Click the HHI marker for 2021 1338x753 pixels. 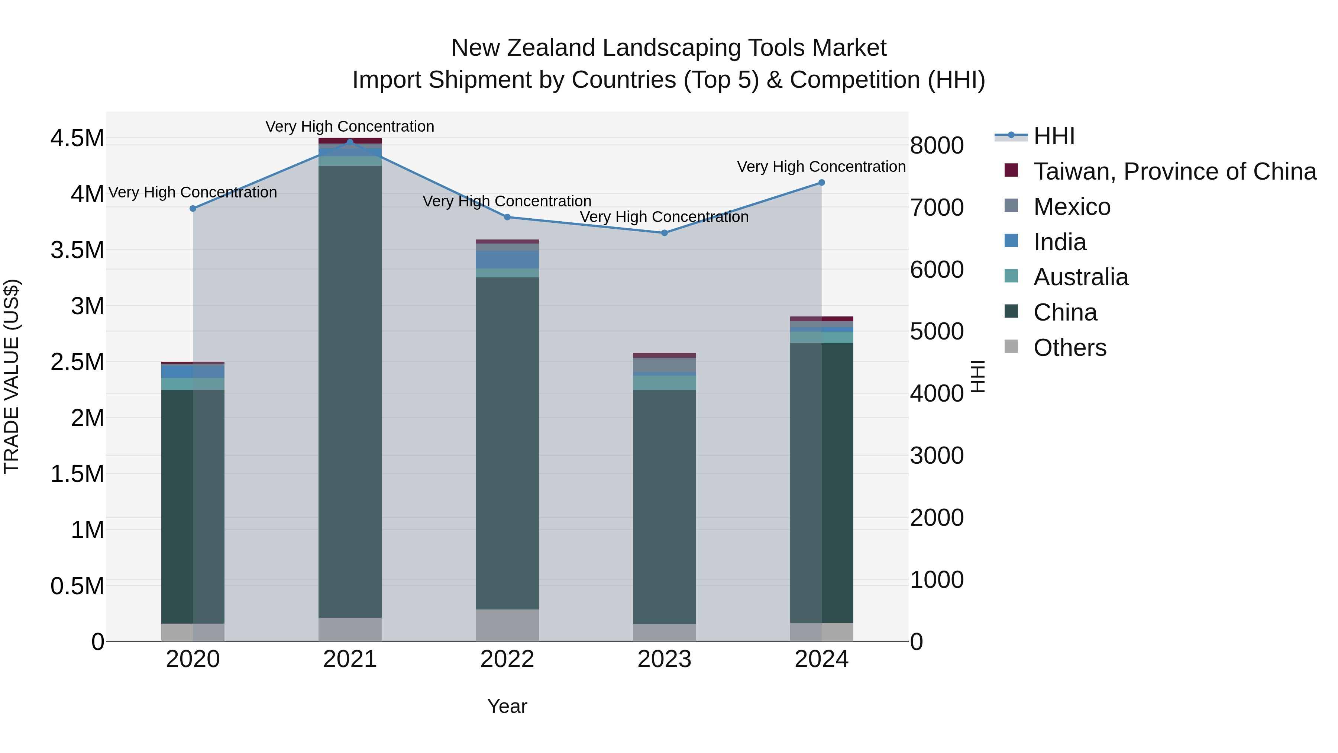pos(350,142)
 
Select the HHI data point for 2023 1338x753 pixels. pos(664,233)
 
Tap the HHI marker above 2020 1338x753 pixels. pos(193,208)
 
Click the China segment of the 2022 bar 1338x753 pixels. pos(507,442)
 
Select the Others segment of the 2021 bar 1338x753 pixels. pos(350,629)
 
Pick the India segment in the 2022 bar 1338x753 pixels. pos(507,259)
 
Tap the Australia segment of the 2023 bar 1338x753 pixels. pos(664,383)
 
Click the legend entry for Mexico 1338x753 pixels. pos(1072,207)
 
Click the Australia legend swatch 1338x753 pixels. pos(1011,276)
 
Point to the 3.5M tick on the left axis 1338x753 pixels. pos(77,250)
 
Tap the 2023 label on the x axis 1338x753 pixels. pos(664,659)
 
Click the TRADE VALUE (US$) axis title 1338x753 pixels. pos(12,376)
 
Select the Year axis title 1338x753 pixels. pos(507,706)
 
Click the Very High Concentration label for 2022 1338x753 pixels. pos(507,201)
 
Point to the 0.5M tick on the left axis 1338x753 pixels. pos(77,586)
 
